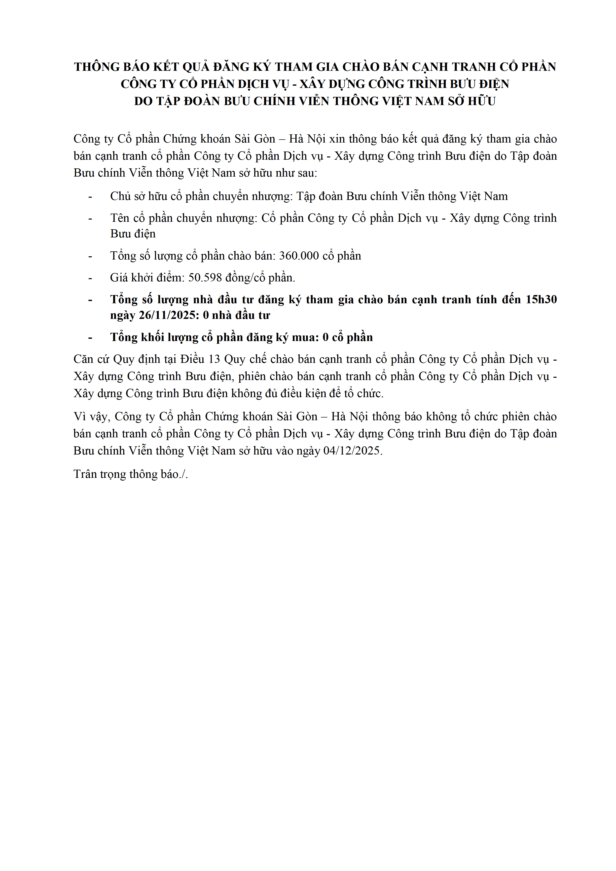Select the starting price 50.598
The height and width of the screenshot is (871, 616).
point(205,278)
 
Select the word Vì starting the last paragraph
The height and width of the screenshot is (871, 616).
point(80,417)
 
